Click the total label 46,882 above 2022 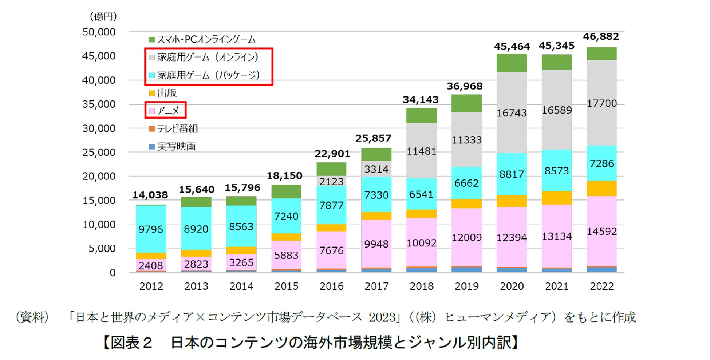(601, 37)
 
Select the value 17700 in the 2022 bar (602, 103)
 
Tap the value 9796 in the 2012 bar (151, 229)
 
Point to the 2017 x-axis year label (376, 286)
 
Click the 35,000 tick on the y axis (99, 104)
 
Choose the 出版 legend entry (163, 93)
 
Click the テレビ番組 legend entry (173, 128)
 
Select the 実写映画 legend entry (172, 146)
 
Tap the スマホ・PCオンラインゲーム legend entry (202, 39)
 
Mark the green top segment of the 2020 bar (512, 63)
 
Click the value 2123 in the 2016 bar (331, 181)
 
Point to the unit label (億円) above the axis (103, 16)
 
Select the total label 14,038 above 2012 (150, 195)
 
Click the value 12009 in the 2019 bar (466, 238)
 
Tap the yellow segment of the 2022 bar (602, 188)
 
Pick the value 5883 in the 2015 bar (286, 255)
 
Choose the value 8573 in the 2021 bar (557, 171)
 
